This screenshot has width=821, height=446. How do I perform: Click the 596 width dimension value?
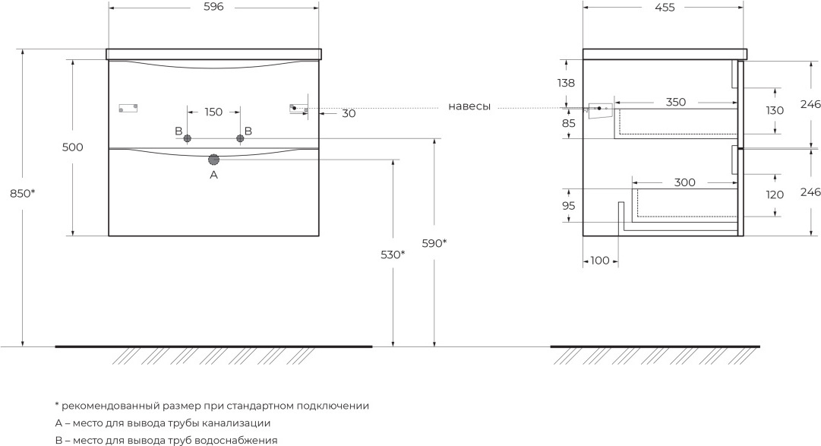(213, 7)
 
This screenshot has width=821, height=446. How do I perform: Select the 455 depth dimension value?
(664, 7)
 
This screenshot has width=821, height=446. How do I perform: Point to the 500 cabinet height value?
(73, 147)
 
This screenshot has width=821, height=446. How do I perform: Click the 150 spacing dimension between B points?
(213, 112)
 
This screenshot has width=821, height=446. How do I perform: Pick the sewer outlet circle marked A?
(213, 160)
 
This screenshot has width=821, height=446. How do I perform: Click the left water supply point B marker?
(188, 138)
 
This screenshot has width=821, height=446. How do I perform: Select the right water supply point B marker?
(240, 138)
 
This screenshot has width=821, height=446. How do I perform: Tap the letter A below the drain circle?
(213, 175)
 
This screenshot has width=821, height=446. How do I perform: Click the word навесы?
(469, 106)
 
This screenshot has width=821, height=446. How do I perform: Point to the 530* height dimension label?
(393, 255)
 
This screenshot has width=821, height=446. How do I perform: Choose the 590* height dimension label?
(434, 243)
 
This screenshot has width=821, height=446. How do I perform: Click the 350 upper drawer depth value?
(675, 102)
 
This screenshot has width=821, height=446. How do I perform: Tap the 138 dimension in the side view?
(566, 82)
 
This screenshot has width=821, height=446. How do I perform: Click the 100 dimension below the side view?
(599, 261)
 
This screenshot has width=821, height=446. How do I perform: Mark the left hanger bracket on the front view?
(128, 108)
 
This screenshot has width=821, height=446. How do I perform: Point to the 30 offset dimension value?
(349, 114)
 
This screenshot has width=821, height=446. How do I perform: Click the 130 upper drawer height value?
(775, 110)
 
